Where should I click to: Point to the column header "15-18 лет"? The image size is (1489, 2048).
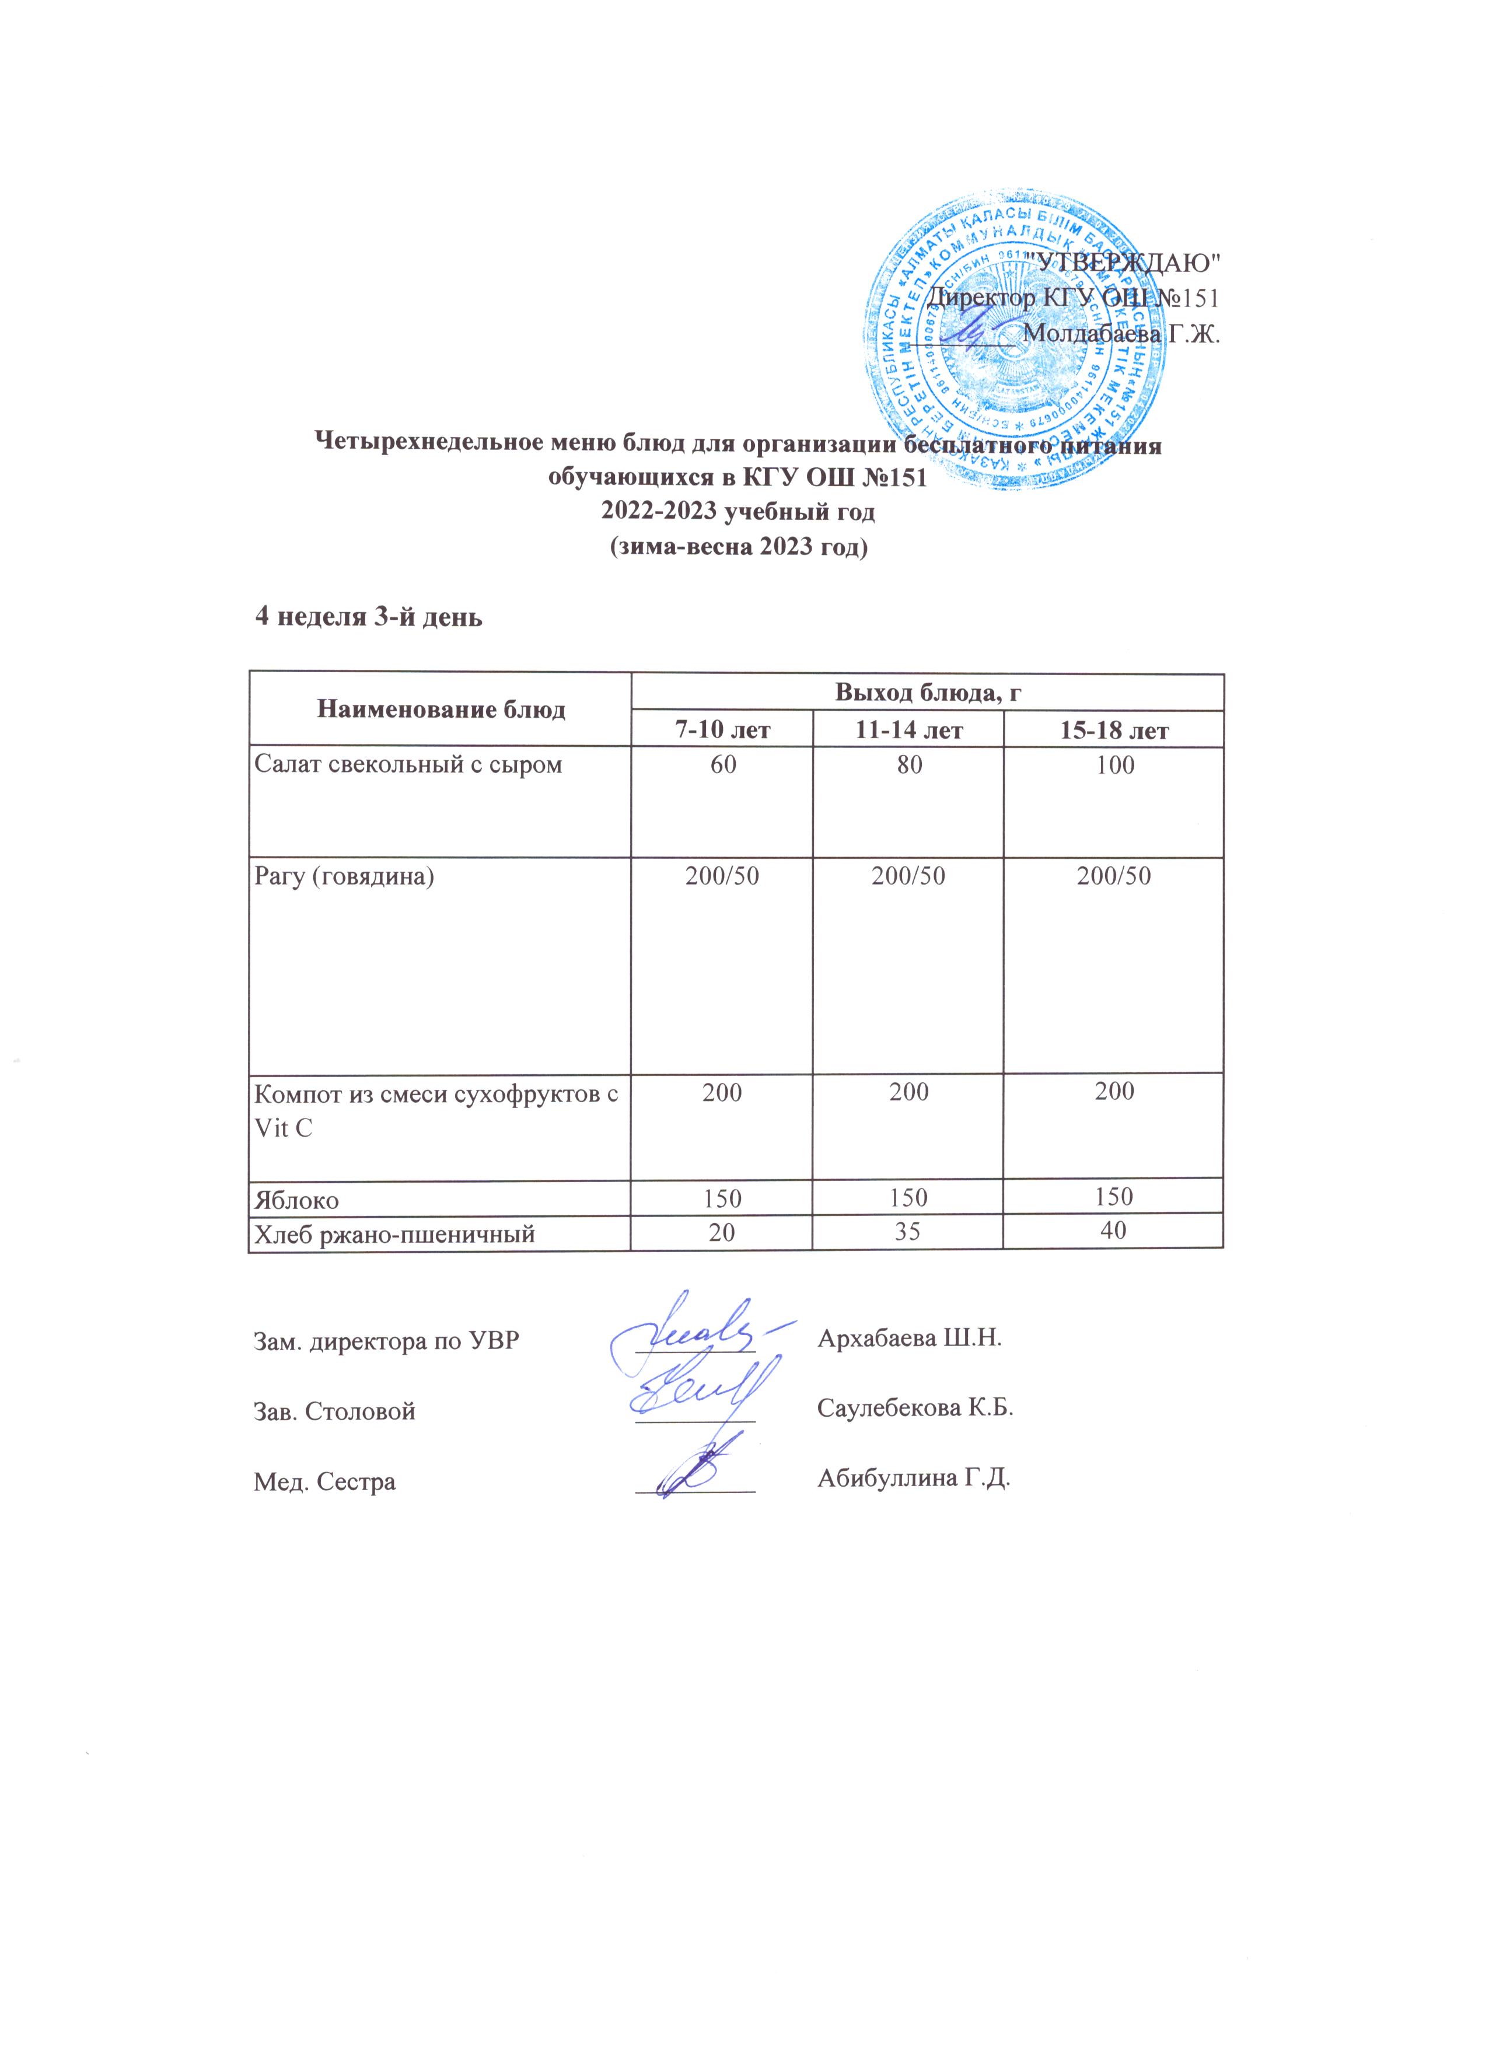[x=1113, y=729]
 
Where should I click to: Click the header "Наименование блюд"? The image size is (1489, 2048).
[x=441, y=710]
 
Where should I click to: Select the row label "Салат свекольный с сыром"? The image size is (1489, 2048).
[x=408, y=766]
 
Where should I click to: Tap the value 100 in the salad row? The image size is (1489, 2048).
[x=1113, y=766]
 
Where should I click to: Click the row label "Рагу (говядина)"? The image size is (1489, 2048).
[x=345, y=876]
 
